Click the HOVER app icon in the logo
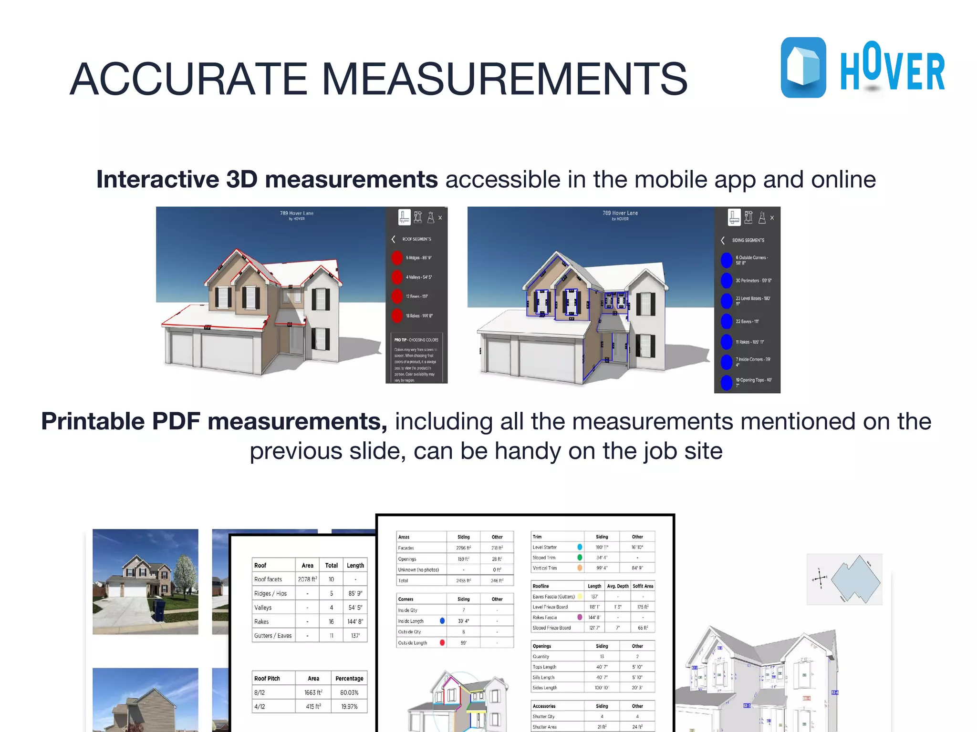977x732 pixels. click(803, 67)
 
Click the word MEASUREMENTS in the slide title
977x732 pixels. click(504, 79)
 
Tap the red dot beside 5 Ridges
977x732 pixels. click(397, 258)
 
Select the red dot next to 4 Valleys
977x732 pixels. click(397, 277)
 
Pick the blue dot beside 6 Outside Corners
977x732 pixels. click(726, 260)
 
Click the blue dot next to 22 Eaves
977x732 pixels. click(726, 321)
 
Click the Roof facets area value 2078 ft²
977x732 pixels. click(307, 579)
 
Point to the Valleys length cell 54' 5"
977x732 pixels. click(355, 608)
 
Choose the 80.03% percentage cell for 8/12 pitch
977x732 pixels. click(349, 692)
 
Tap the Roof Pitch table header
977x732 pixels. click(267, 678)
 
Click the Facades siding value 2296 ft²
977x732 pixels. click(463, 548)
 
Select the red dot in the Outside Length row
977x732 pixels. click(442, 642)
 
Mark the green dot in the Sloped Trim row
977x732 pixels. click(580, 558)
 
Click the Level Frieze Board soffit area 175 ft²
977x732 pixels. click(643, 607)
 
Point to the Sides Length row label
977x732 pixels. click(545, 688)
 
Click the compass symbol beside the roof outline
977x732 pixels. click(820, 579)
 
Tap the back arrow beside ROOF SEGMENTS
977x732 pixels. click(394, 239)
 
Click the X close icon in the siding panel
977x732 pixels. click(772, 218)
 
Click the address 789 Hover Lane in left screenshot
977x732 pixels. click(297, 213)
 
